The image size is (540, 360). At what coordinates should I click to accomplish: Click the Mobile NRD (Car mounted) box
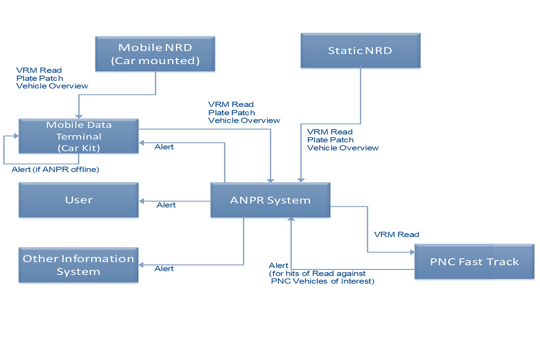tap(155, 53)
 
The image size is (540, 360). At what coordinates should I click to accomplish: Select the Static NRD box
tap(360, 51)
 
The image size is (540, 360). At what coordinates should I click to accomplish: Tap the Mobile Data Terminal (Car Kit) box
tap(79, 136)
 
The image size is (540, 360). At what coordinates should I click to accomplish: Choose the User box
tap(79, 200)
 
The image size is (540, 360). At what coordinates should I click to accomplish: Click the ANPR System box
tap(270, 200)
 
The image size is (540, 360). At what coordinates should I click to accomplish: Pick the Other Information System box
tap(79, 265)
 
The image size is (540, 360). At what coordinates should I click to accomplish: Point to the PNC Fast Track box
tap(474, 262)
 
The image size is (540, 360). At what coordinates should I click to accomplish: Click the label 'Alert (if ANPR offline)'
tap(56, 169)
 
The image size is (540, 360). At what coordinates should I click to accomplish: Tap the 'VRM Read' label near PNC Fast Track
tap(397, 235)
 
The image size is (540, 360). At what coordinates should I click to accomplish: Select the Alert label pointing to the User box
tap(166, 205)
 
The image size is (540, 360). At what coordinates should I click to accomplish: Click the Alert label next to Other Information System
tap(164, 269)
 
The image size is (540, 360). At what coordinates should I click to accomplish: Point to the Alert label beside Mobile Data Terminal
tap(164, 147)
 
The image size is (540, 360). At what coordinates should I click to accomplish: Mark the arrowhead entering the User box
tap(142, 201)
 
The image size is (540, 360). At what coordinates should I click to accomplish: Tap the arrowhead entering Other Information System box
tap(142, 265)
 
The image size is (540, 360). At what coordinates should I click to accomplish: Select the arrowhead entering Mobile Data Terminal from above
tap(78, 116)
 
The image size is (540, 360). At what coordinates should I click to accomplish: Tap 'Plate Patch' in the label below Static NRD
tap(330, 140)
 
